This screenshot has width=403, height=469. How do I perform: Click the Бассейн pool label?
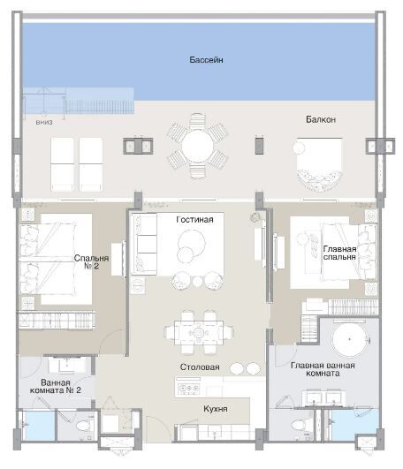click(x=206, y=60)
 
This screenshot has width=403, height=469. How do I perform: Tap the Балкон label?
click(x=321, y=119)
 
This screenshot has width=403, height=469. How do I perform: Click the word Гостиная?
click(x=194, y=220)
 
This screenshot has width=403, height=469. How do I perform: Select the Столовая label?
click(x=200, y=367)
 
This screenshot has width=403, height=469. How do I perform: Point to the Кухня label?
click(x=216, y=409)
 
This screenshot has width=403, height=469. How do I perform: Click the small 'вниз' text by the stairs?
click(x=44, y=123)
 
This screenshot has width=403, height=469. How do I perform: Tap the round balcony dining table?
click(x=197, y=146)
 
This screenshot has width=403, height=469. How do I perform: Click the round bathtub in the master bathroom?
click(x=349, y=339)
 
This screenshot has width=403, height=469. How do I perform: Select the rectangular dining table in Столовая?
click(x=199, y=332)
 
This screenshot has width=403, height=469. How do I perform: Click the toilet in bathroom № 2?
click(x=84, y=426)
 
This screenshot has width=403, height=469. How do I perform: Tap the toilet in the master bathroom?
click(x=298, y=426)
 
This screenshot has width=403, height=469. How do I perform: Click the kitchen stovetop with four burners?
click(x=188, y=389)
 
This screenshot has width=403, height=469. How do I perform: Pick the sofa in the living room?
click(x=145, y=244)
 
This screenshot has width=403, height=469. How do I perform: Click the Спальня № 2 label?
click(x=91, y=262)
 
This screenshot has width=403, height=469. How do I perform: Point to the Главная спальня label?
click(x=339, y=253)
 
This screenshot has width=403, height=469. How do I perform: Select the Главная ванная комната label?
click(x=323, y=369)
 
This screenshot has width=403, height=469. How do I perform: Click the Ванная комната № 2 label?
click(x=56, y=387)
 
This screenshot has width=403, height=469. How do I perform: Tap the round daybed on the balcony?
click(x=319, y=163)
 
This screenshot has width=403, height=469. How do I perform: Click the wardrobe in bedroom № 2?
click(x=57, y=321)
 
